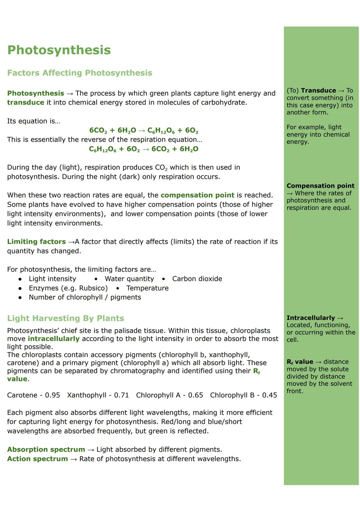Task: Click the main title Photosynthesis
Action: click(x=59, y=50)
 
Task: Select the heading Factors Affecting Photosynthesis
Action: click(x=80, y=73)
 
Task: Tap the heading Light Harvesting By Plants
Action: click(x=65, y=318)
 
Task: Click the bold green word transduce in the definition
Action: click(x=26, y=103)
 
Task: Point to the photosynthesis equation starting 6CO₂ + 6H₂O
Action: click(x=144, y=130)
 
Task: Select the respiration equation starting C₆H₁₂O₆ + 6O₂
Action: click(x=144, y=149)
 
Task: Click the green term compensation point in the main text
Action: click(x=197, y=195)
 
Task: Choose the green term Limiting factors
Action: click(x=36, y=242)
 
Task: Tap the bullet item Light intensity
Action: click(x=52, y=279)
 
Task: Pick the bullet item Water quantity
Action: click(x=129, y=279)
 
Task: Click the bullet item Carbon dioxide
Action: click(x=197, y=279)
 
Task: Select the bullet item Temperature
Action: click(x=147, y=288)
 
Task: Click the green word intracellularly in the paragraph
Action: click(x=53, y=339)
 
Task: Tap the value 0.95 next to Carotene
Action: click(x=52, y=395)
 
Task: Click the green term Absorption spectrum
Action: click(x=46, y=450)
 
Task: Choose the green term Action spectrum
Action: click(x=37, y=459)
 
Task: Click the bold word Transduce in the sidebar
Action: click(x=318, y=91)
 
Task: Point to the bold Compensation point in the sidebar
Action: click(x=320, y=186)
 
